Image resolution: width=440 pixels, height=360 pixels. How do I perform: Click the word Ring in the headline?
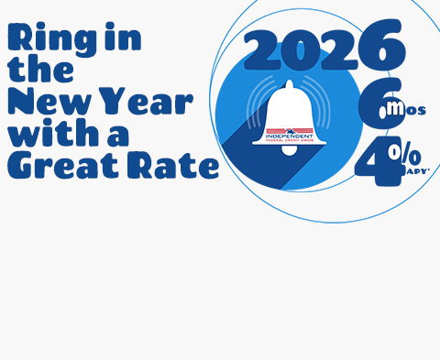pyautogui.click(x=41, y=39)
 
